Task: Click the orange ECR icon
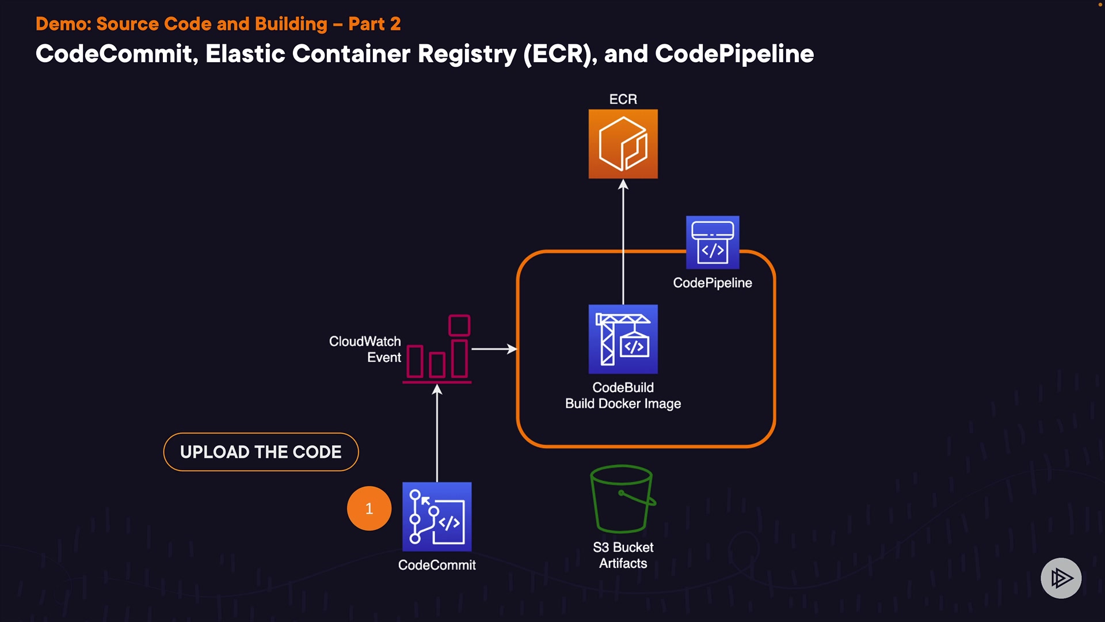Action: click(623, 144)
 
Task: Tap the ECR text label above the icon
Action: click(623, 99)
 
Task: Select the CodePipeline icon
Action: click(712, 242)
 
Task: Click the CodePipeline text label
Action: click(712, 283)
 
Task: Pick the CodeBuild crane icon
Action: click(623, 339)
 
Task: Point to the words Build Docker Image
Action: click(623, 404)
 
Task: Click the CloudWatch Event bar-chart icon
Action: click(437, 349)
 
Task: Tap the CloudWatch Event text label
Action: click(365, 349)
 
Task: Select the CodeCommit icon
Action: click(437, 517)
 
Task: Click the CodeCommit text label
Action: click(437, 565)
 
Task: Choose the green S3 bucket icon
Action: click(623, 499)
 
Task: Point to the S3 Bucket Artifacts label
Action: click(623, 555)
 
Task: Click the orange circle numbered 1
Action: click(369, 509)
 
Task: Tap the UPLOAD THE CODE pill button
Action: click(261, 452)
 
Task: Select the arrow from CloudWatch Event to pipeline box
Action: click(494, 349)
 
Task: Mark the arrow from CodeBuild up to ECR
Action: click(623, 242)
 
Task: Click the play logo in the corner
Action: click(1061, 578)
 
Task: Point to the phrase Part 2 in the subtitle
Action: click(374, 24)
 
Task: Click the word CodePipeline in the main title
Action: click(734, 54)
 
